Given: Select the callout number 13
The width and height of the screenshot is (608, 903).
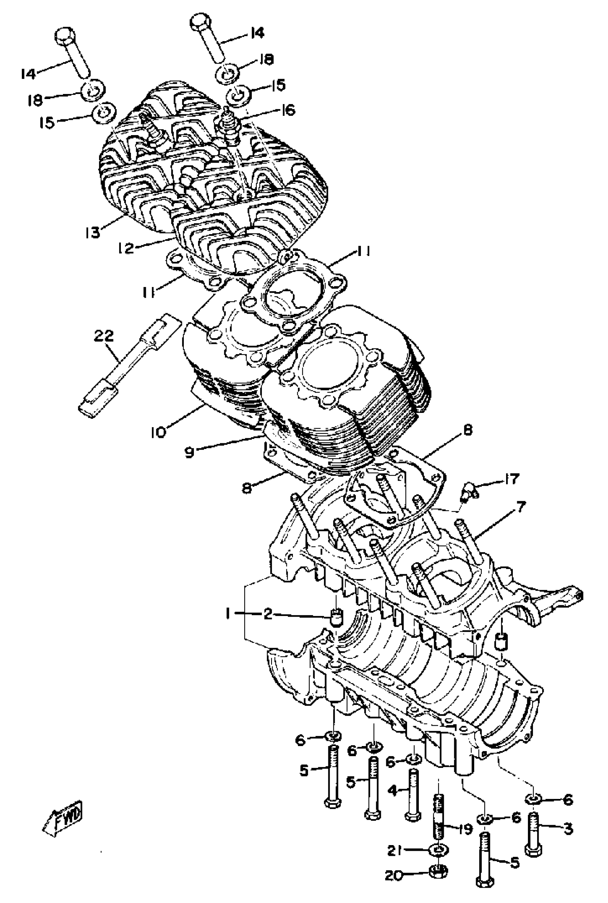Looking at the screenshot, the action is point(93,232).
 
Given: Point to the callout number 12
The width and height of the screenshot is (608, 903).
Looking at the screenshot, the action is point(126,248).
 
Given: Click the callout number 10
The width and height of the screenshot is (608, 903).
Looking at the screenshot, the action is point(158,431).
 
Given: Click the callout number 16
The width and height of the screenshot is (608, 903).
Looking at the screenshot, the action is point(288,110).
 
